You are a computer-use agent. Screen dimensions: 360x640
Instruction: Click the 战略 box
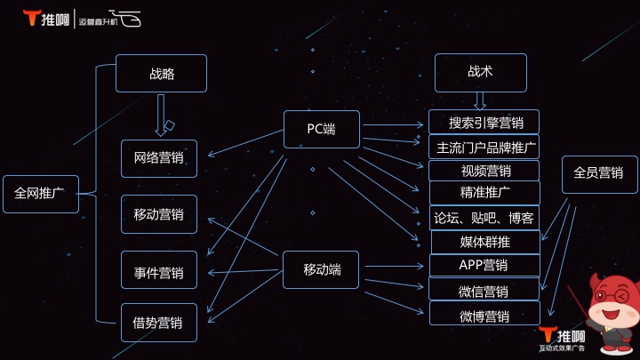tap(161, 74)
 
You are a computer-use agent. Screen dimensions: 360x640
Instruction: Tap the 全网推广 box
tap(40, 194)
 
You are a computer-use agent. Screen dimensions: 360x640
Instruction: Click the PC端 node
tap(321, 129)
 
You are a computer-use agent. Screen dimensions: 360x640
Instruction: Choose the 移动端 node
tap(321, 269)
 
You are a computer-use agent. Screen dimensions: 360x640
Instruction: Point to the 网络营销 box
tap(159, 158)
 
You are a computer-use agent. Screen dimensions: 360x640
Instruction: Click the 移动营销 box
tap(159, 214)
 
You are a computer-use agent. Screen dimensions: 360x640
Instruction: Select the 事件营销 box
tap(159, 271)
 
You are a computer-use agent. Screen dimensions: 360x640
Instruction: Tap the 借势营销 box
tap(159, 323)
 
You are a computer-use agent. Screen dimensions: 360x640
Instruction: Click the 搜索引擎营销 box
tap(484, 123)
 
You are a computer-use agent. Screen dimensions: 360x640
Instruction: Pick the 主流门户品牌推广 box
tap(484, 147)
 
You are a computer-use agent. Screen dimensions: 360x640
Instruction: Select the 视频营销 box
tap(484, 171)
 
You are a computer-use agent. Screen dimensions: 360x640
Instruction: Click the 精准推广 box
tap(484, 193)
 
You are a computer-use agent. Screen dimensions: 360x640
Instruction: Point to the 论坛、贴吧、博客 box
tap(484, 218)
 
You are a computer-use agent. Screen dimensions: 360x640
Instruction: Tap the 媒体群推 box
tap(484, 241)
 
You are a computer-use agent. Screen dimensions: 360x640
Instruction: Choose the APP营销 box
tap(484, 265)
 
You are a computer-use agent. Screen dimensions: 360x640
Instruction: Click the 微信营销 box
tap(484, 290)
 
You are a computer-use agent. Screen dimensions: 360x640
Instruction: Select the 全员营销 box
tap(599, 173)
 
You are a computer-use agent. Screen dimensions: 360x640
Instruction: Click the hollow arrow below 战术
tap(480, 100)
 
